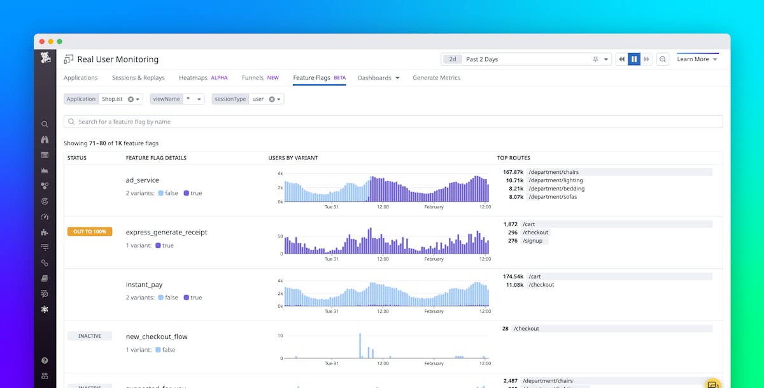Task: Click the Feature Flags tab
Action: click(x=311, y=78)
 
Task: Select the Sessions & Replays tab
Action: click(x=138, y=78)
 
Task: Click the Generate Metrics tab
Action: click(x=436, y=78)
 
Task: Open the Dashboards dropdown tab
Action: click(x=378, y=78)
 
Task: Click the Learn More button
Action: click(x=697, y=59)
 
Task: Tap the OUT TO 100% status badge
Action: click(x=90, y=232)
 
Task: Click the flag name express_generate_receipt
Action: click(x=166, y=233)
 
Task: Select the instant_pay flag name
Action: click(x=144, y=285)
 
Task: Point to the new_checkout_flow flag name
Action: click(x=157, y=336)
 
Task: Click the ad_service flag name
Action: click(x=143, y=180)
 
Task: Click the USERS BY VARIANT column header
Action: click(x=293, y=158)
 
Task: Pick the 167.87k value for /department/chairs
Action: click(x=513, y=172)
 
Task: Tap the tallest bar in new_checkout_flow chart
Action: click(x=360, y=345)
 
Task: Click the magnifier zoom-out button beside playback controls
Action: click(x=663, y=59)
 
